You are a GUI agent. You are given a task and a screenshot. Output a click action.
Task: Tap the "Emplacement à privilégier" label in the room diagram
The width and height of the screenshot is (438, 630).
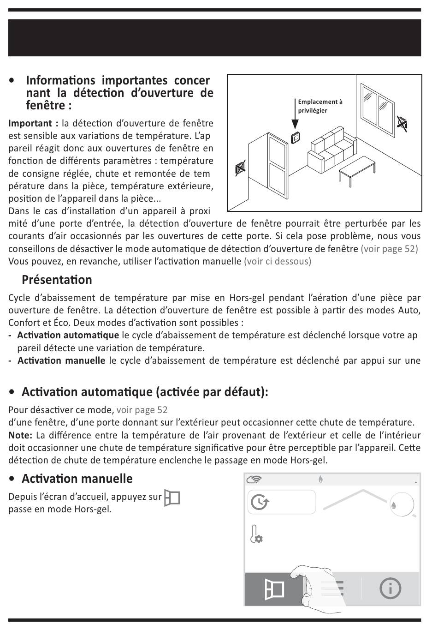(x=320, y=106)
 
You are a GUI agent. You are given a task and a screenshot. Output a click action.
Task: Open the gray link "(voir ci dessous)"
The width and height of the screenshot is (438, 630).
(x=278, y=261)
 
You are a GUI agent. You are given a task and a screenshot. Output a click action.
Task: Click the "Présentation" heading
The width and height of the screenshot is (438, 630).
(x=57, y=280)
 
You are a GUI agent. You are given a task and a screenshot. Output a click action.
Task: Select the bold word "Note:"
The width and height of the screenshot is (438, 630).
(x=20, y=435)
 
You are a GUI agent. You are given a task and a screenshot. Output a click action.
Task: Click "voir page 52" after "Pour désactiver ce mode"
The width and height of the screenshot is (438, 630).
(x=142, y=410)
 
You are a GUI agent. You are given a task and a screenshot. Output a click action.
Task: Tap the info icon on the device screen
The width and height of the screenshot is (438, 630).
(x=390, y=588)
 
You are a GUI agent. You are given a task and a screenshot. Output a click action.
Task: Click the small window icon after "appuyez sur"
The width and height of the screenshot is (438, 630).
(x=172, y=498)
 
